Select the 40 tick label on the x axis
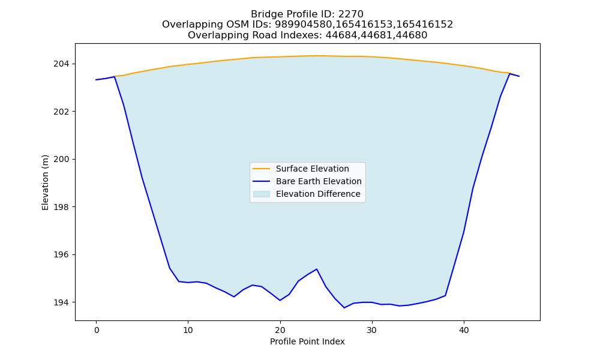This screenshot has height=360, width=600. [x=464, y=330]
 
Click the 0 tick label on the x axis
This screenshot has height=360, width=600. [x=97, y=330]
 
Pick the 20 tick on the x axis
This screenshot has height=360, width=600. [x=280, y=330]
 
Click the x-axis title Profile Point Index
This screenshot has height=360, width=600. [x=307, y=341]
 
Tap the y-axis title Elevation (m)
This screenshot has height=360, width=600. [x=46, y=182]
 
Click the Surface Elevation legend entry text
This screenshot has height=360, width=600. [x=312, y=169]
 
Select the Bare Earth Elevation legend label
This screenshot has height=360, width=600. [x=319, y=181]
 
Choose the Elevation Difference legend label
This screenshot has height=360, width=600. [x=318, y=194]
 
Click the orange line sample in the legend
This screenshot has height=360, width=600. [x=262, y=169]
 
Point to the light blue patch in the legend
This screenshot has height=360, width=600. [x=262, y=194]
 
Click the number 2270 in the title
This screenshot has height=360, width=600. [x=350, y=14]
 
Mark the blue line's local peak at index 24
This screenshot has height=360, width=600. [x=317, y=269]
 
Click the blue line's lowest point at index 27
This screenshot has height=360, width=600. [x=344, y=308]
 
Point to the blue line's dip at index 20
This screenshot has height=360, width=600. [x=280, y=301]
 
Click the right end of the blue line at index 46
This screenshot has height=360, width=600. [x=519, y=76]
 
